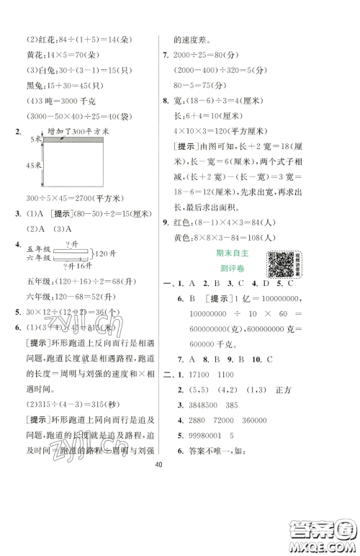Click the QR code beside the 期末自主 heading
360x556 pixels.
[280, 265]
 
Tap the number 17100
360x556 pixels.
[200, 361]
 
